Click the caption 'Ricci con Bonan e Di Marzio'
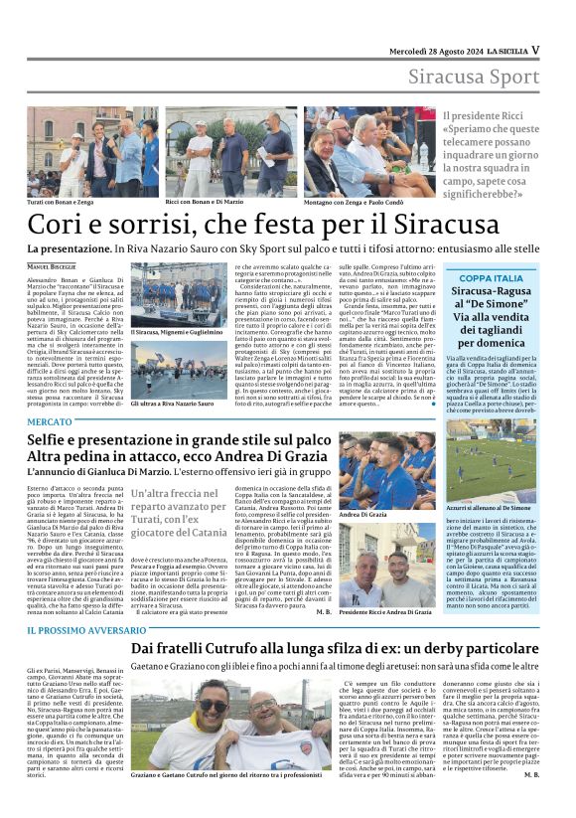[205, 202]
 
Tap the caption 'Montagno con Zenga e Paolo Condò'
[355, 202]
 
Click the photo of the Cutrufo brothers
[230, 730]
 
